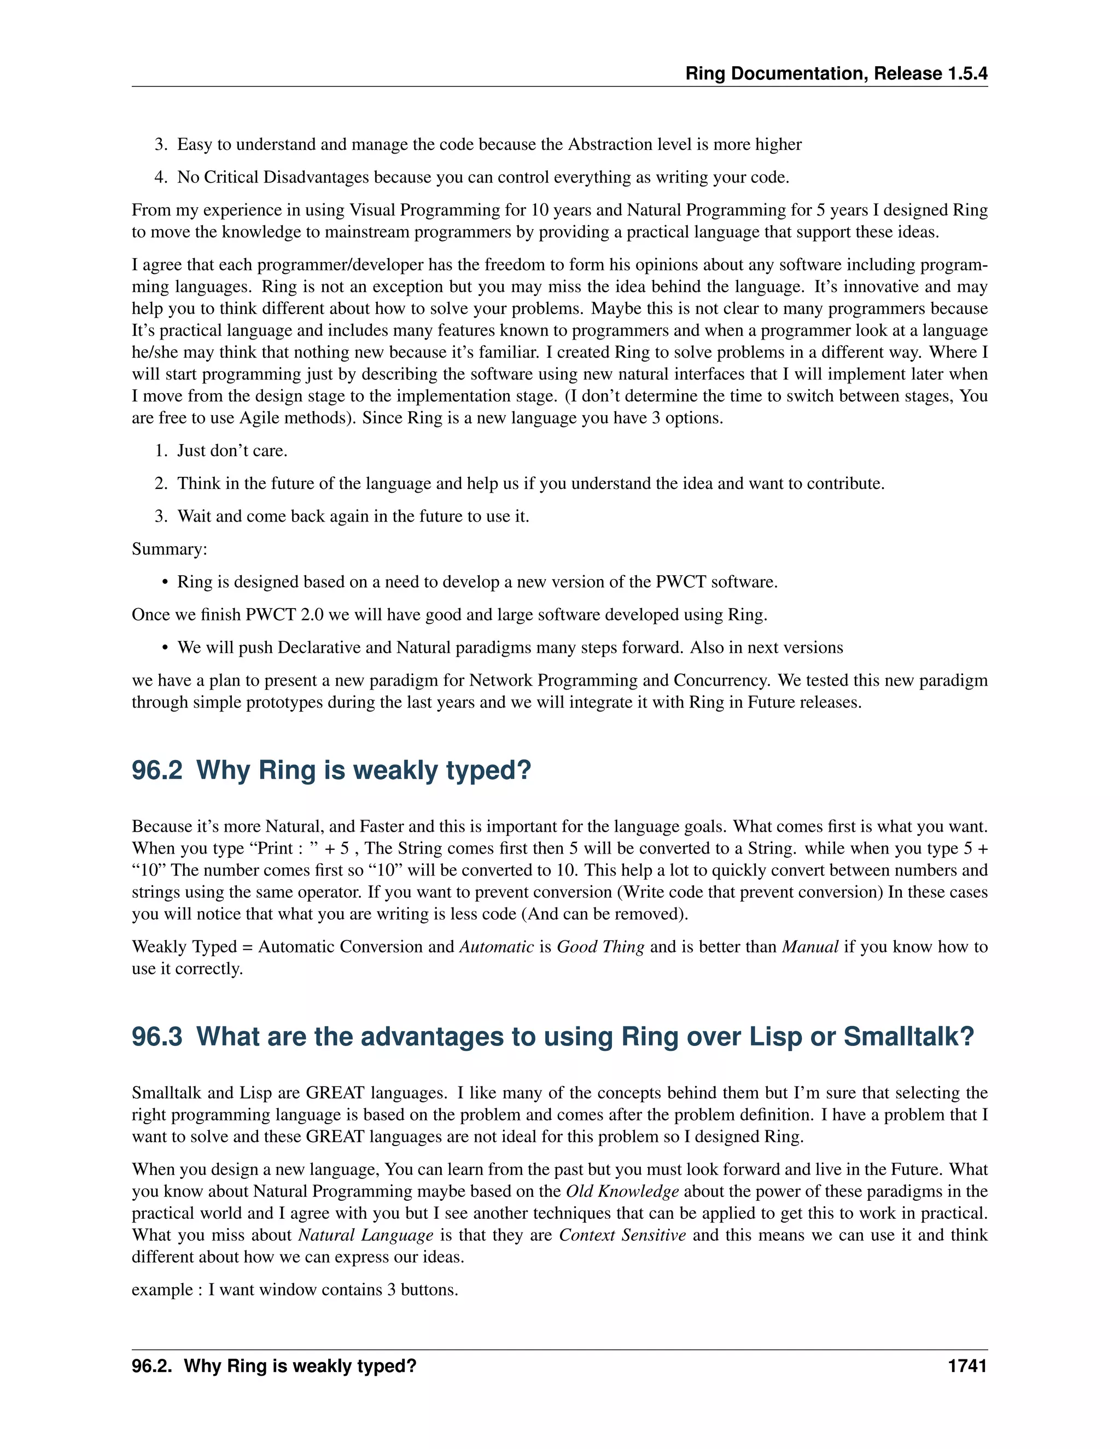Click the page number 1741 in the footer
point(967,1366)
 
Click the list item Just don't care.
point(231,451)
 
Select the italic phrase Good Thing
point(600,946)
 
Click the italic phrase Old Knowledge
point(622,1191)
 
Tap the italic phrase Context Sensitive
point(622,1235)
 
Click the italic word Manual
point(809,946)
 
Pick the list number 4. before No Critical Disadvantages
point(161,178)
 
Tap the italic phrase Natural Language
point(366,1235)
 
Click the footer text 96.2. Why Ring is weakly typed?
point(273,1366)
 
